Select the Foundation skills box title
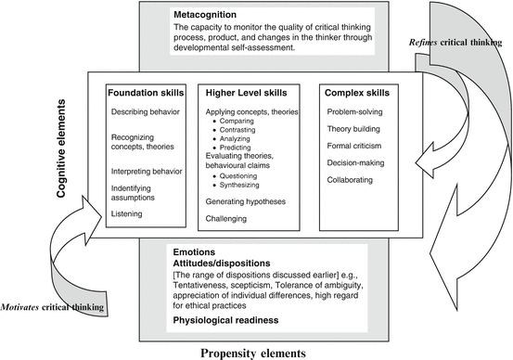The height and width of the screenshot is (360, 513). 143,93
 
